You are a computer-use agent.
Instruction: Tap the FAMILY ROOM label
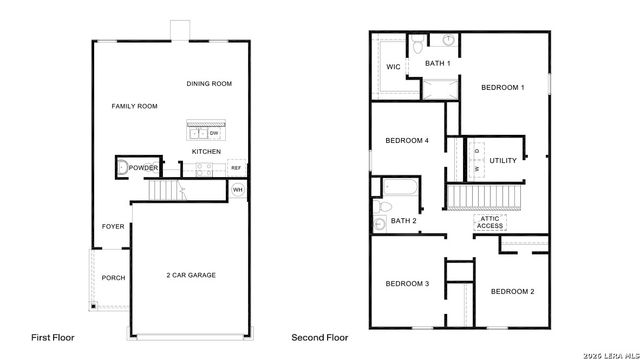(134, 105)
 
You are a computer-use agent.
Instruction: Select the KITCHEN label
(206, 152)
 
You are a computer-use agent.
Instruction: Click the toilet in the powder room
(122, 169)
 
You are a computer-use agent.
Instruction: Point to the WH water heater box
(238, 189)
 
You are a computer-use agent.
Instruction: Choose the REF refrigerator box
(236, 168)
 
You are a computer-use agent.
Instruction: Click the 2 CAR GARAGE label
(191, 274)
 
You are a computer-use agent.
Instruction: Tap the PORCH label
(113, 277)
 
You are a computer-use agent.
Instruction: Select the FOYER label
(113, 226)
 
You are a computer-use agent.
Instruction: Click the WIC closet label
(393, 67)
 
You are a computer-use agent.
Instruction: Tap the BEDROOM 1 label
(503, 87)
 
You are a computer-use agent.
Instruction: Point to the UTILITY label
(503, 160)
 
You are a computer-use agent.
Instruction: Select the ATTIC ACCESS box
(489, 222)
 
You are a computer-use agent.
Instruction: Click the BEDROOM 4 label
(408, 140)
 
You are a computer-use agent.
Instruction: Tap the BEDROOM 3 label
(407, 284)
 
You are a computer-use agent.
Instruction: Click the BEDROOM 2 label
(511, 291)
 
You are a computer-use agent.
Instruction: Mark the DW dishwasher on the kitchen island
(214, 132)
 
